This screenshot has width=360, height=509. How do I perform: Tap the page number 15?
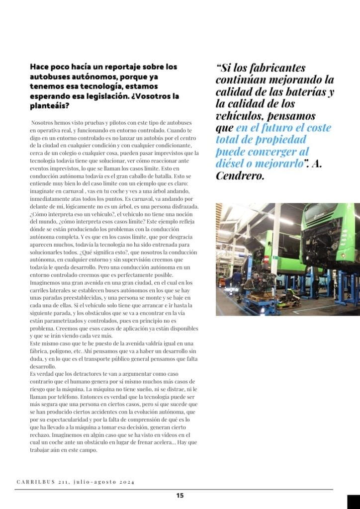point(180,495)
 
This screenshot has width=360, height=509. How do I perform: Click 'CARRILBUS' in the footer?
point(34,482)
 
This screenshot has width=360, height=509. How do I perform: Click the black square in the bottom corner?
point(353,502)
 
